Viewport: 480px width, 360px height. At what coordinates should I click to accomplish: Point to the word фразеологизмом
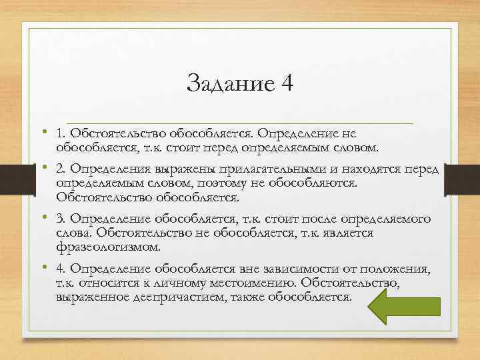click(108, 247)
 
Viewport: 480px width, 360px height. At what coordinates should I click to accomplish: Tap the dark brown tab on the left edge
click(8, 180)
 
